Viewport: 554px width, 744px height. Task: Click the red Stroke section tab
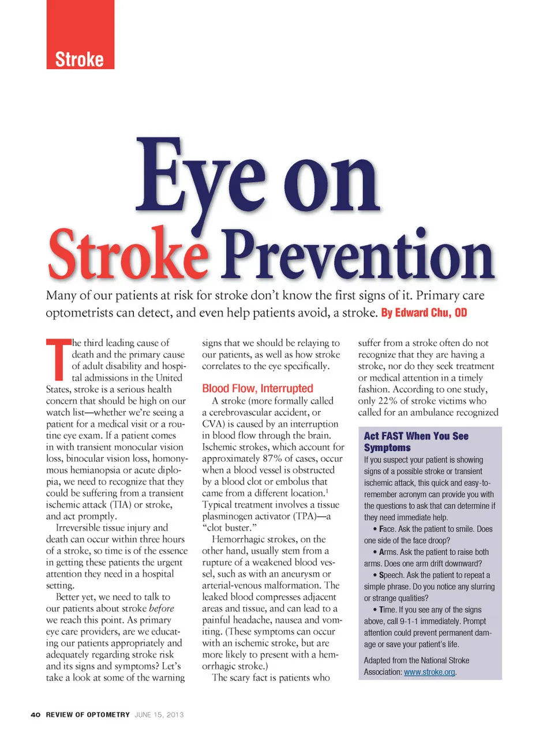coord(80,59)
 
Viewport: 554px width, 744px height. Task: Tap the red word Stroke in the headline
coord(128,255)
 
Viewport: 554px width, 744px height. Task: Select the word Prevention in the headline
coord(358,255)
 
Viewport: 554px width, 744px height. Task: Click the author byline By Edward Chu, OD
coord(424,313)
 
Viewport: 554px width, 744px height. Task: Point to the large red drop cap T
coord(58,358)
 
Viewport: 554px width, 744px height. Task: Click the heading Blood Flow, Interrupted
coord(257,389)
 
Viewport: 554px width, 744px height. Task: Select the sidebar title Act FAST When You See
coord(415,436)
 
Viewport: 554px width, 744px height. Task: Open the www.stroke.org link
coord(429,672)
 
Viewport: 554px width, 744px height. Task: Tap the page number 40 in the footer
coord(36,715)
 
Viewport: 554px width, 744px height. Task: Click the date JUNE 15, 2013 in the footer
coord(159,715)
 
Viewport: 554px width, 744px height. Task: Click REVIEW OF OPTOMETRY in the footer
coord(88,715)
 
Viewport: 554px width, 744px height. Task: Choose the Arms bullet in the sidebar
coord(388,552)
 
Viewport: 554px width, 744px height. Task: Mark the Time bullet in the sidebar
coord(387,610)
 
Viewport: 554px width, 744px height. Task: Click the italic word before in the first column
coord(161,608)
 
